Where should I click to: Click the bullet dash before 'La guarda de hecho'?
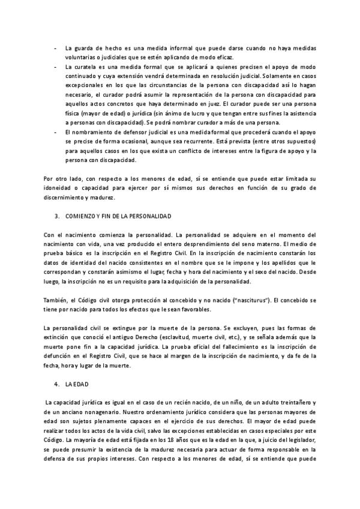(x=55, y=48)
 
